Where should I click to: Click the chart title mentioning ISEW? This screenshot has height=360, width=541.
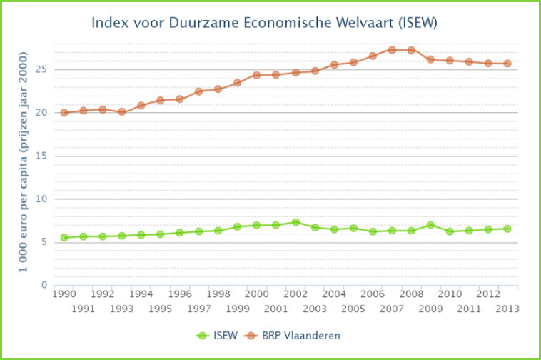point(264,23)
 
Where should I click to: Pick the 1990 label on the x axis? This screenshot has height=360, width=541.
point(64,294)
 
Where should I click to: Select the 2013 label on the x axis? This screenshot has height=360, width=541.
point(507,309)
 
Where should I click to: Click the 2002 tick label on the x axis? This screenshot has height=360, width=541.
point(295,294)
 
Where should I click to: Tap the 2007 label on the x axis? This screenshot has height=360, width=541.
point(392,309)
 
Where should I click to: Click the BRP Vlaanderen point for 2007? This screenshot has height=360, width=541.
point(392,50)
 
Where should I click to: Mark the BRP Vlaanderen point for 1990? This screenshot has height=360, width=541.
point(64,112)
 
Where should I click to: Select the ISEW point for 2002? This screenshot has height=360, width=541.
point(295,222)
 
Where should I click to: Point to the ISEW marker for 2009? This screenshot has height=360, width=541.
point(430,225)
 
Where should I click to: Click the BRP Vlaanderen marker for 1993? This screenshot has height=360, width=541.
point(122,111)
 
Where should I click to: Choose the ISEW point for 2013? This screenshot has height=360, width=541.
point(507,229)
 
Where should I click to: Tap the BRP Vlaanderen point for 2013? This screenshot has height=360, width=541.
point(507,64)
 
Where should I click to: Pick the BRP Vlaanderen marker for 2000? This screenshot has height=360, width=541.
point(257,75)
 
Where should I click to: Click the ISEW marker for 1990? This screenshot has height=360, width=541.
point(64,237)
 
